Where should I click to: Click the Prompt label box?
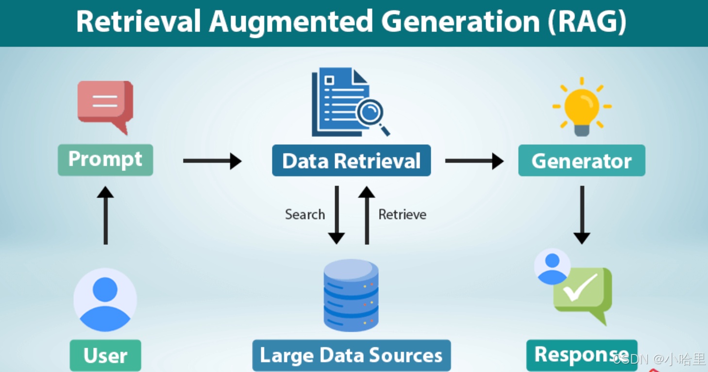(x=105, y=160)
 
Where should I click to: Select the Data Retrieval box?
(x=351, y=161)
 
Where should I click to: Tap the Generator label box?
(x=581, y=161)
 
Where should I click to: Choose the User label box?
(x=105, y=355)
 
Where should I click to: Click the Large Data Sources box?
(x=351, y=355)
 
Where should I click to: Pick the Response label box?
(x=581, y=355)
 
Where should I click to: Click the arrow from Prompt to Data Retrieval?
(x=212, y=161)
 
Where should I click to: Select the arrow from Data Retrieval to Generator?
(x=474, y=161)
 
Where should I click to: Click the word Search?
(x=305, y=215)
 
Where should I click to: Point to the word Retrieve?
(x=402, y=215)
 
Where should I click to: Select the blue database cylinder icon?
(x=351, y=295)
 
